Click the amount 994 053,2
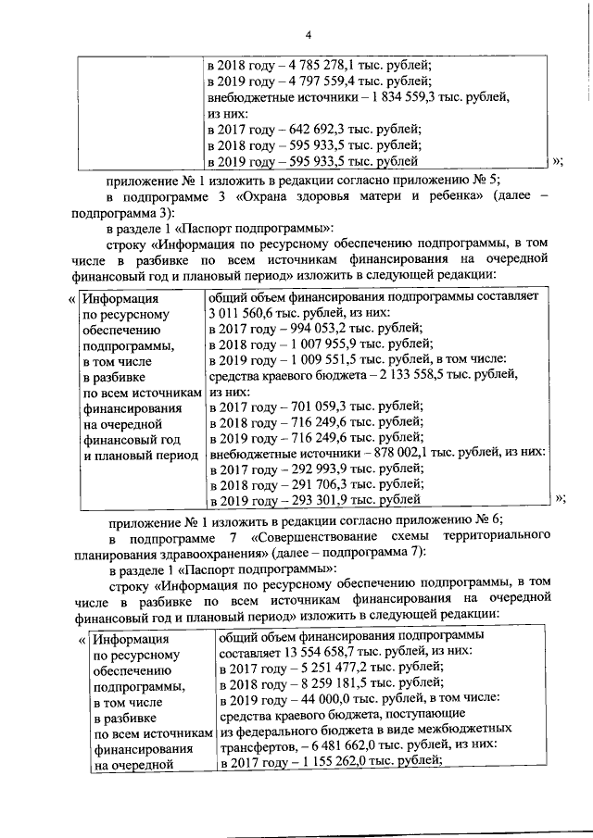point(305,329)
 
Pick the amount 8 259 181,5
point(311,683)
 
